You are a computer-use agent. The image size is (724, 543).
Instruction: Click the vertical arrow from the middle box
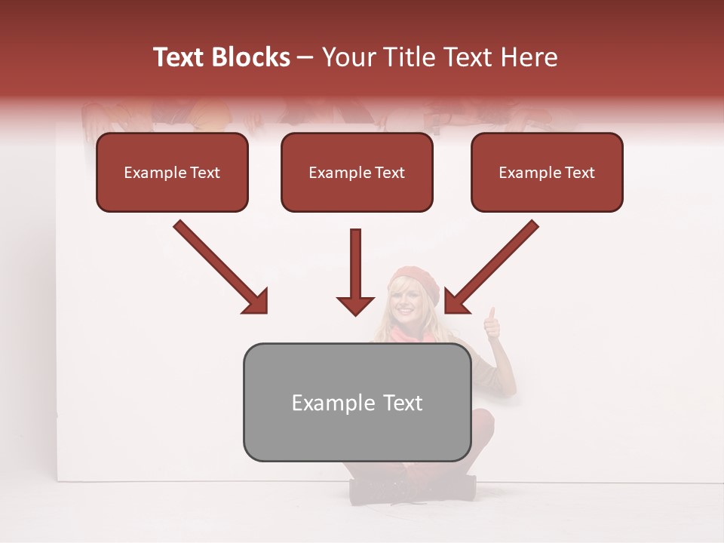tap(355, 271)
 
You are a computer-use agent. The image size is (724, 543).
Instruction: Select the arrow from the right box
tap(492, 265)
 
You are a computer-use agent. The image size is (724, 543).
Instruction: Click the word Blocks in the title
tap(253, 57)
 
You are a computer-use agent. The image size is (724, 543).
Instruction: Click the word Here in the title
tap(528, 57)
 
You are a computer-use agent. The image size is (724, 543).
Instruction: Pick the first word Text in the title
tap(181, 57)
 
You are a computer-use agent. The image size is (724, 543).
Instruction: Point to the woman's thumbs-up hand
tap(491, 324)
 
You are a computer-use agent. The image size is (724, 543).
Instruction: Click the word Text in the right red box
tap(579, 173)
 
